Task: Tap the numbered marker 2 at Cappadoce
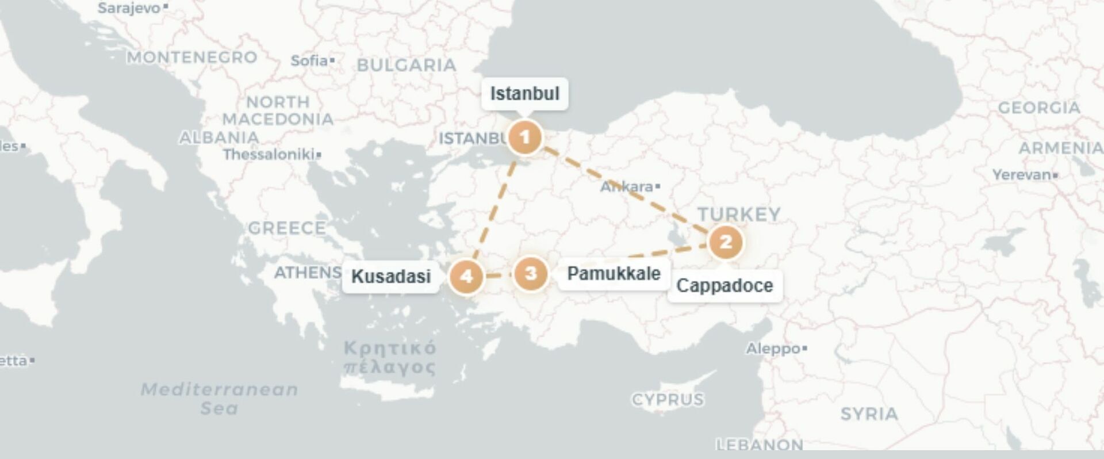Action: coord(726,242)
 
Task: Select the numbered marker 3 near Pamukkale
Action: coord(530,273)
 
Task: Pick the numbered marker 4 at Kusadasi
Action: coord(466,277)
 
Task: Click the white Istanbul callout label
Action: coord(524,93)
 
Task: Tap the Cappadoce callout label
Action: coord(724,285)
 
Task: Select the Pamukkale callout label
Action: coord(614,273)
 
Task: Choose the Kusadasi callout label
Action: coord(391,277)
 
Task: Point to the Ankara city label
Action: coord(627,187)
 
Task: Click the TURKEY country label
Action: coord(739,215)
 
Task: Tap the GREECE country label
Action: coord(287,228)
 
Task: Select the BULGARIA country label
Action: coord(407,66)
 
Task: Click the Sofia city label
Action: coord(309,60)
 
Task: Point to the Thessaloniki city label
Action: coord(269,155)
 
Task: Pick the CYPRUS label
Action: coord(668,400)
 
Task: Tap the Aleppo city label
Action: coord(773,349)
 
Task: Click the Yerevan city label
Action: coord(1022,175)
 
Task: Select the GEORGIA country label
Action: coord(1038,108)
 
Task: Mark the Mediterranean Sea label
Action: coord(220,399)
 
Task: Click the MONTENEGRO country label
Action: coord(192,58)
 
